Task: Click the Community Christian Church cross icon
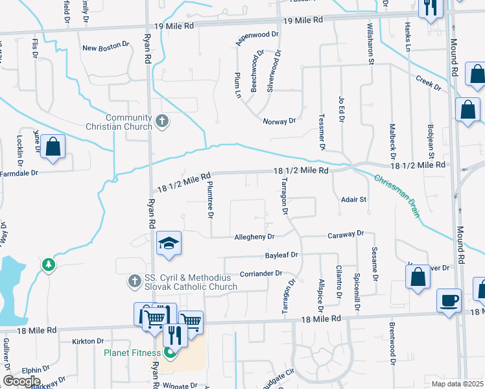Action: [162, 121]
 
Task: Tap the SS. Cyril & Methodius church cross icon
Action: [134, 280]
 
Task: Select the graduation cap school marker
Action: [169, 244]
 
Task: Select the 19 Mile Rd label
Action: [174, 26]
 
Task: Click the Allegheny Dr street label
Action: [255, 237]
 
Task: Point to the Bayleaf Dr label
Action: [281, 255]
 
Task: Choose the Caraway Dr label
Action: [346, 233]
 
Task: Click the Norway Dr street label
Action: [279, 121]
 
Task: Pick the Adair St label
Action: [354, 200]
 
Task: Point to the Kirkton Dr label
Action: [88, 341]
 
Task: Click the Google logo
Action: [21, 381]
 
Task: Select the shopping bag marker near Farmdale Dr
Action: [53, 147]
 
